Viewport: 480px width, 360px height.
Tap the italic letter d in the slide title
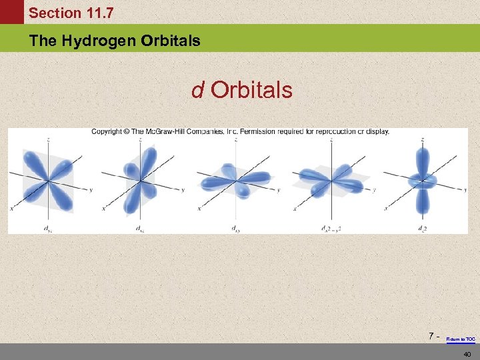197,90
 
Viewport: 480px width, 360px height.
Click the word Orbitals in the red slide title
251,90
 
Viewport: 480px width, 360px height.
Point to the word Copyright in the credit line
107,131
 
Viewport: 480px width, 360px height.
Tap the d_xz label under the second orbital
141,229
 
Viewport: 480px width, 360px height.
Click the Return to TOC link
461,339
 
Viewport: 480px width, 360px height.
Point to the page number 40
467,353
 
